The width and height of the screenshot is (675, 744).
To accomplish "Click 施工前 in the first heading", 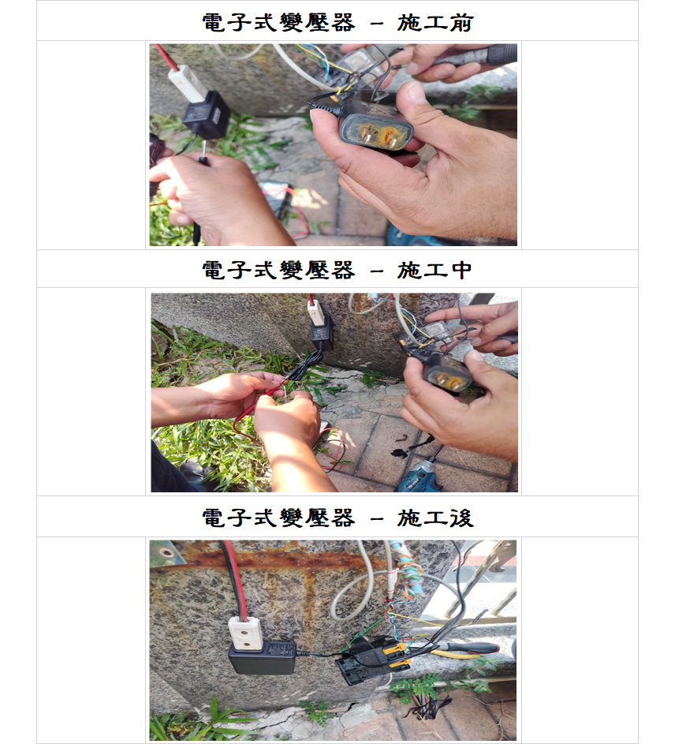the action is coord(435,23).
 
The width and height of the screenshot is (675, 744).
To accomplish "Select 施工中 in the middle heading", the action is coord(434,271).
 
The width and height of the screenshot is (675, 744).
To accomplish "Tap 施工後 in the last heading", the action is coord(435,518).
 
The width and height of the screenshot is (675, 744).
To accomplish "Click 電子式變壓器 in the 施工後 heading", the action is coord(278,518).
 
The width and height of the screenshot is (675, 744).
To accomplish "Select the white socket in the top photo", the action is coord(188,84).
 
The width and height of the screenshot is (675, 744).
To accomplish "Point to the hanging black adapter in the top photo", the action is coord(206,115).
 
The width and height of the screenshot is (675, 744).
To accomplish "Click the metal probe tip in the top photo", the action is coord(204,148).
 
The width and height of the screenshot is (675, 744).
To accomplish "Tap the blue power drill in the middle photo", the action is coord(420,476).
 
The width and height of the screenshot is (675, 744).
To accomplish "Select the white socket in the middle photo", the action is coord(315,313).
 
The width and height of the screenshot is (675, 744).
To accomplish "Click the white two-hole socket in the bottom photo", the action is coord(245,633).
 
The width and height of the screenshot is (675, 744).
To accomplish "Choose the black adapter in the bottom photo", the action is coord(262,657).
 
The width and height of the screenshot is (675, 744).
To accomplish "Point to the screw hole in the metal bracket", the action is coord(166,552).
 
